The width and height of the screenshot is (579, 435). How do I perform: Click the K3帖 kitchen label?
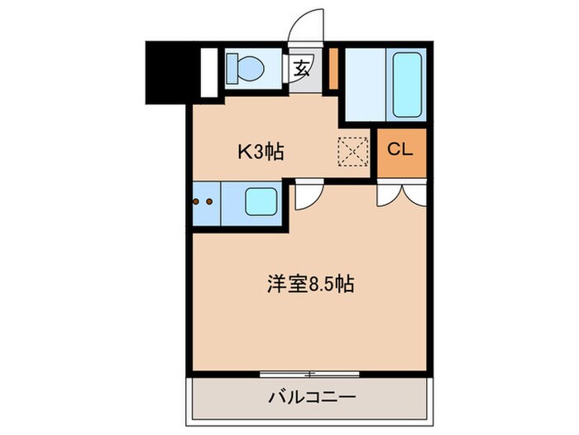(x=261, y=152)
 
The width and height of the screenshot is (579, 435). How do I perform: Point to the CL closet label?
(x=400, y=152)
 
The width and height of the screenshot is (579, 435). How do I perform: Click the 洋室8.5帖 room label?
(x=310, y=284)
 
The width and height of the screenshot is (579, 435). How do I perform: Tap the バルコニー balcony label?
(x=312, y=398)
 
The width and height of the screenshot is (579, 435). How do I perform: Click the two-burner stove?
(x=206, y=202)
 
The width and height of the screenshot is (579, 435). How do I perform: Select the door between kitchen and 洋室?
(x=307, y=196)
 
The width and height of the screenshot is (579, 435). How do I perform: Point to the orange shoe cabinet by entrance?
(x=333, y=70)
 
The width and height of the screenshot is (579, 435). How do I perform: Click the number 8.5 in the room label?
(x=323, y=284)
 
